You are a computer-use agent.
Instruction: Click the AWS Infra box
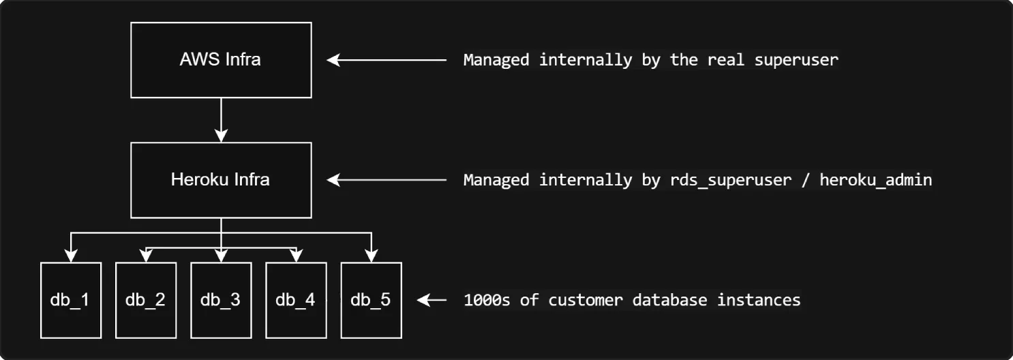220,59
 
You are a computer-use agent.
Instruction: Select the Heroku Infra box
220,180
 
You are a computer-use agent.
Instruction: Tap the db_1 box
71,300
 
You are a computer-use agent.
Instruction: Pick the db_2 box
146,300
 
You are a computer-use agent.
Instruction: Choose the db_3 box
221,300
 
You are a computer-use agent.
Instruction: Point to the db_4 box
296,300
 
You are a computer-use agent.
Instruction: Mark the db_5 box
371,300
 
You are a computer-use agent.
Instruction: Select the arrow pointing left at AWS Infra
386,60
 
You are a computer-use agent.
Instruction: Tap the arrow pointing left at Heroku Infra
386,180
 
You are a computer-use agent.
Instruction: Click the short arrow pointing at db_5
431,300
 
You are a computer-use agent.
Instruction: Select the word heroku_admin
875,180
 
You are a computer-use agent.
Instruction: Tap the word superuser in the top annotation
796,60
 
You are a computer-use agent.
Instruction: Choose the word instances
758,300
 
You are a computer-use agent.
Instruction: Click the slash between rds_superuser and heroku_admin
804,180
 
